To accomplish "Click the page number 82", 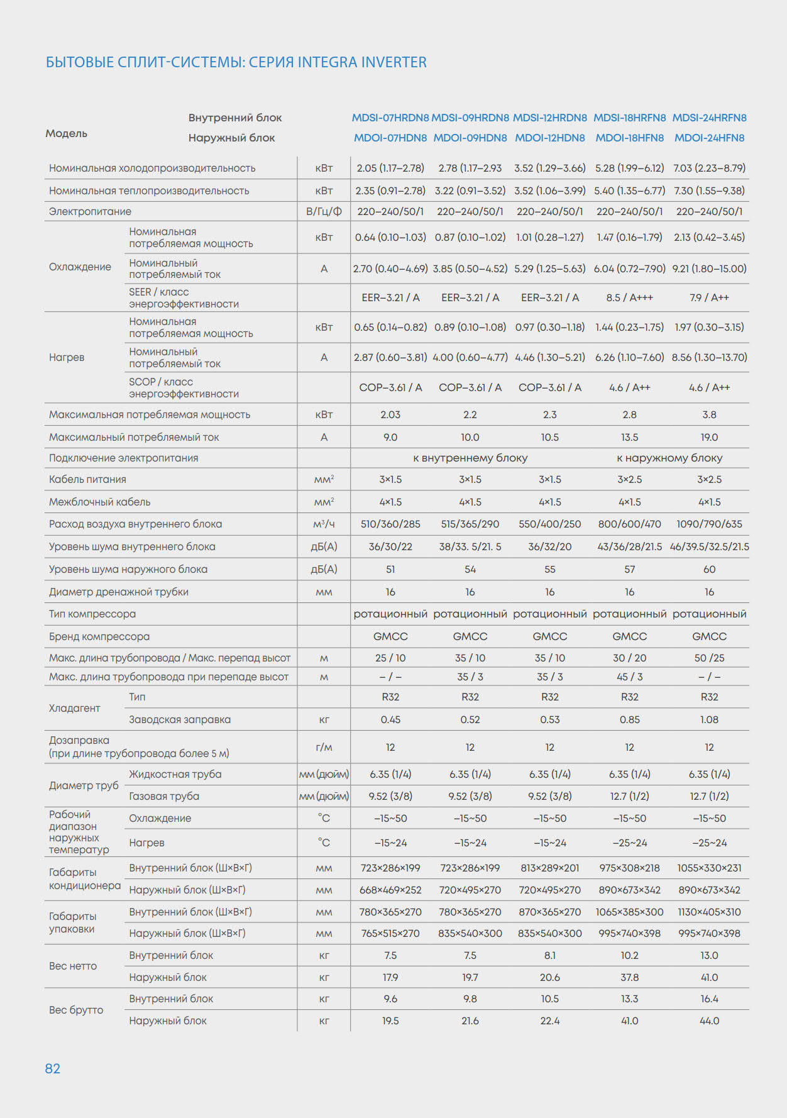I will point(53,1068).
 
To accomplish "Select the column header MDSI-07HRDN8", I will point(390,118).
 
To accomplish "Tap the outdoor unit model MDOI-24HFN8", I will point(709,138).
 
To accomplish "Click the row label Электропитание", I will point(90,211).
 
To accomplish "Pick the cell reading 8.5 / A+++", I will point(629,297).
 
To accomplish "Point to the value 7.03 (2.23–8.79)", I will point(709,168).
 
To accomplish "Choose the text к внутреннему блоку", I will point(470,458).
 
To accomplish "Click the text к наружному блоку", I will point(669,458).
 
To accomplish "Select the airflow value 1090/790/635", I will point(709,524).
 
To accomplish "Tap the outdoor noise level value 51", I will point(390,569).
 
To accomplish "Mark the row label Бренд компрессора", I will point(99,636).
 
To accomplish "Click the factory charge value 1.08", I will point(709,719).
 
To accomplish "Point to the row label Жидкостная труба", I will point(175,774).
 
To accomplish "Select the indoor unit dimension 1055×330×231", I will point(709,868).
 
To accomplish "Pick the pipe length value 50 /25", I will point(709,658).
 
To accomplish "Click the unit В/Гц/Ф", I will point(324,211).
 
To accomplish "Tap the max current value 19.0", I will point(709,437).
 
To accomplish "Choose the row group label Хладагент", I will point(74,708).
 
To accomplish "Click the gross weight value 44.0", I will point(709,1021).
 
